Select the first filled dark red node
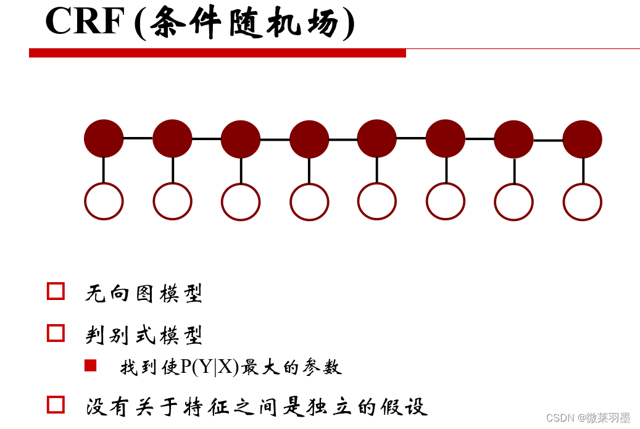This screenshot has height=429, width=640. coord(104,138)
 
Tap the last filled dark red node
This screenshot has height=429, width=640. coord(582,140)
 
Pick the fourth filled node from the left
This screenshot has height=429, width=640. coord(309,139)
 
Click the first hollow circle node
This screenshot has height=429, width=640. coord(104,201)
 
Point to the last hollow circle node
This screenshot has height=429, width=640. coord(582,202)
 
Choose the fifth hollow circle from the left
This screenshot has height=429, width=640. coord(376,201)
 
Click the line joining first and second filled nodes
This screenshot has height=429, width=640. coord(138,138)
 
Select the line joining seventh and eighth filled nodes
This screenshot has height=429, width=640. coord(548,140)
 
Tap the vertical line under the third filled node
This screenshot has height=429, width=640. coord(241,170)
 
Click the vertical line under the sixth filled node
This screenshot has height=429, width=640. coord(446,170)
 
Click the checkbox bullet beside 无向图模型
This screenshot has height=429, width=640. coord(56,291)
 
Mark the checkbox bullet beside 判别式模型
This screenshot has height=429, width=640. coord(56,333)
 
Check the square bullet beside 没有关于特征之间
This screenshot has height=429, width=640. coord(56,405)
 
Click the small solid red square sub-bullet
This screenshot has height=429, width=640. coord(91,366)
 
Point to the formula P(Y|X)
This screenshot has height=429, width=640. coord(209,367)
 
